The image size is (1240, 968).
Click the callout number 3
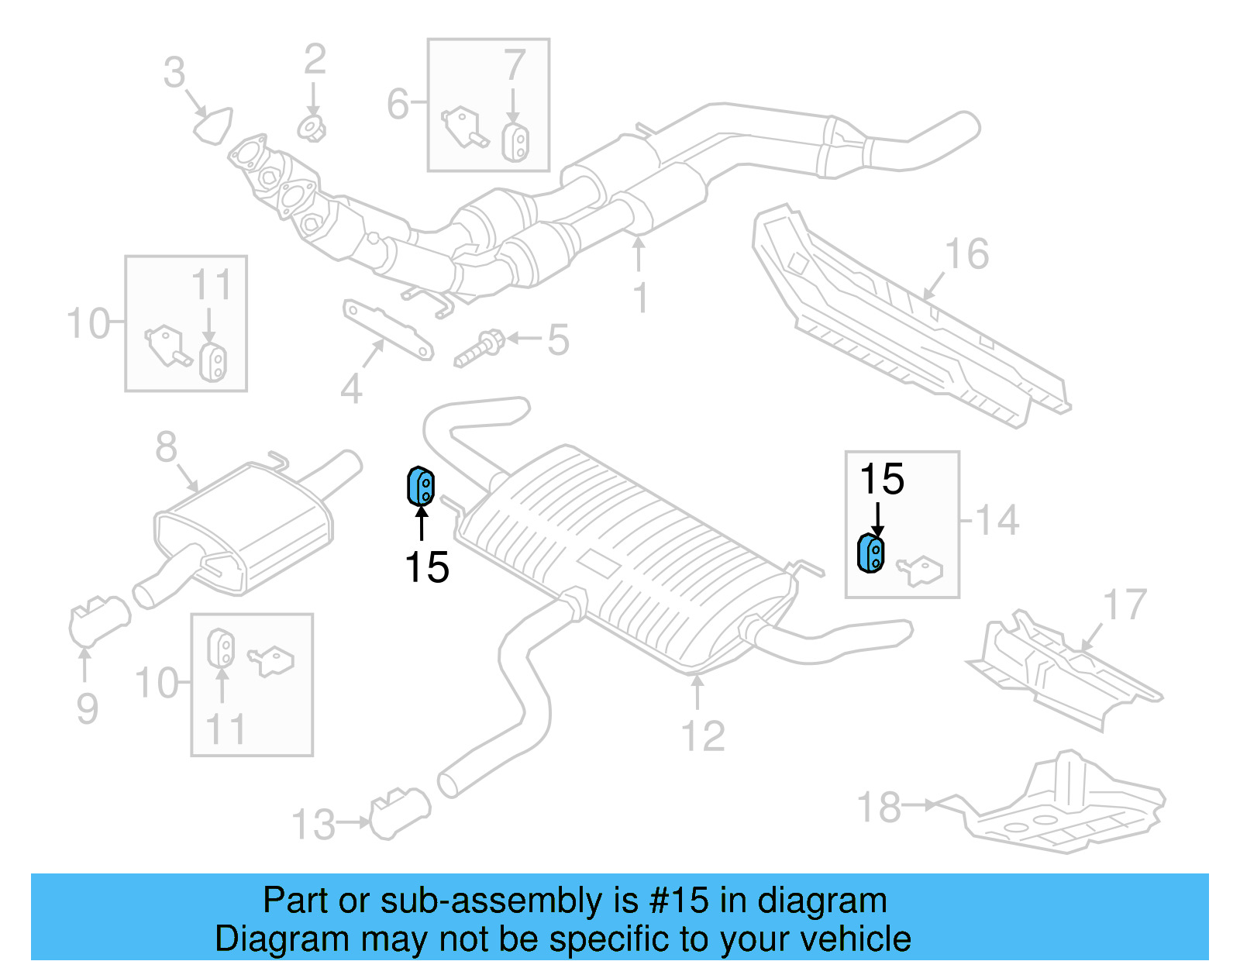pyautogui.click(x=174, y=73)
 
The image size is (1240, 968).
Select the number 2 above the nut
pyautogui.click(x=315, y=60)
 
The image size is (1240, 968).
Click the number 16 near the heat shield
pyautogui.click(x=966, y=254)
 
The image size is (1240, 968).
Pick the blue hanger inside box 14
pyautogui.click(x=870, y=553)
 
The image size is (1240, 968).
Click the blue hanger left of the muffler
pyautogui.click(x=420, y=486)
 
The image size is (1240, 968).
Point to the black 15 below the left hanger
pyautogui.click(x=427, y=567)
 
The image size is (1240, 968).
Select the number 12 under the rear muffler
pyautogui.click(x=703, y=736)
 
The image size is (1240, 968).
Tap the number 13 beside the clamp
pyautogui.click(x=313, y=825)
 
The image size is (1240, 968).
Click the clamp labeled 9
pyautogui.click(x=98, y=620)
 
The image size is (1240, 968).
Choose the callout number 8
pyautogui.click(x=166, y=447)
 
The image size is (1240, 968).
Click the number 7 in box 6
pyautogui.click(x=515, y=65)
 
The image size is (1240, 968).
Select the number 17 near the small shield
pyautogui.click(x=1125, y=605)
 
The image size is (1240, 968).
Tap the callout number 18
pyautogui.click(x=879, y=808)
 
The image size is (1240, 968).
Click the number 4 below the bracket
pyautogui.click(x=351, y=389)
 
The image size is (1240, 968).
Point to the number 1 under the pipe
pyautogui.click(x=640, y=298)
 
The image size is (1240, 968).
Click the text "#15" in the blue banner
pyautogui.click(x=679, y=901)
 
